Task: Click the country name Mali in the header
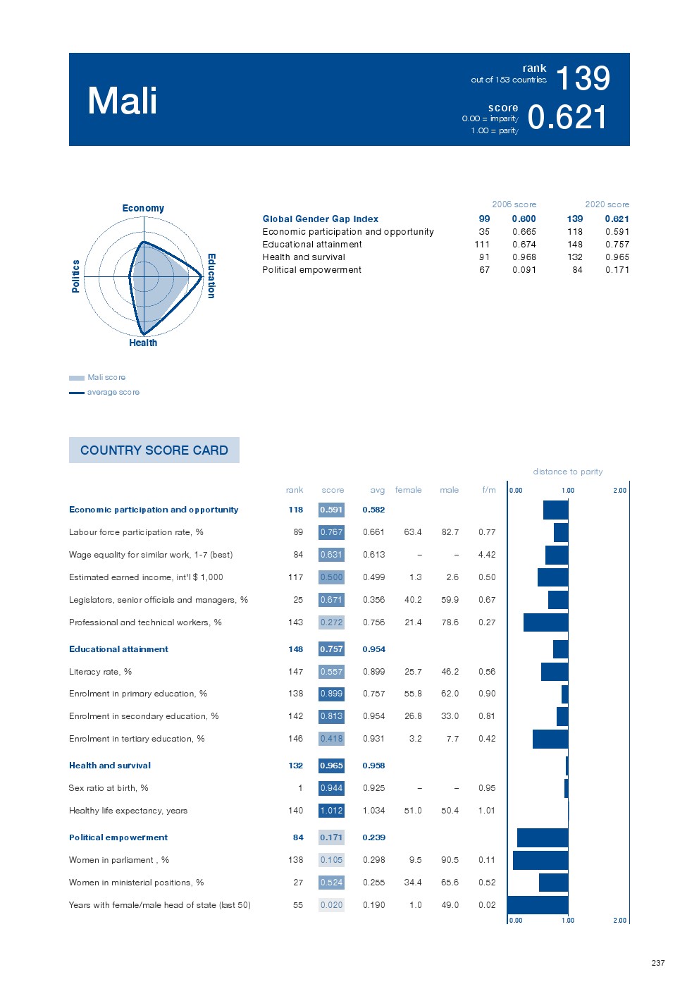point(123,100)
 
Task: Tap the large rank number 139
point(583,78)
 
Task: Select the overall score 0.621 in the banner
point(567,117)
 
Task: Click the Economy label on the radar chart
point(143,208)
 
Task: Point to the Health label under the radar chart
point(143,343)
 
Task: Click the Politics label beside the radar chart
point(75,276)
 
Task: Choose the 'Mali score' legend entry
point(106,377)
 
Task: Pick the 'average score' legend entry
point(113,392)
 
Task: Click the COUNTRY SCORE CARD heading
point(154,450)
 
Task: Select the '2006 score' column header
point(514,204)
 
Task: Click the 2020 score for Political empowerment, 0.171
point(617,270)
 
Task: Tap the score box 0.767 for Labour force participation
point(331,532)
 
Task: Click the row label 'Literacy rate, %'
point(100,672)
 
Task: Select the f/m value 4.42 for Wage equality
point(487,555)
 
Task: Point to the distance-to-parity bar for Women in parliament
point(540,860)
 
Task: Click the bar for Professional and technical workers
point(545,622)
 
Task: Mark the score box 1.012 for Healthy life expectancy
point(331,811)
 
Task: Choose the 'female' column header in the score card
point(408,490)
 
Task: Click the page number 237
point(658,963)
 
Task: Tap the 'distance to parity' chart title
point(568,472)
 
